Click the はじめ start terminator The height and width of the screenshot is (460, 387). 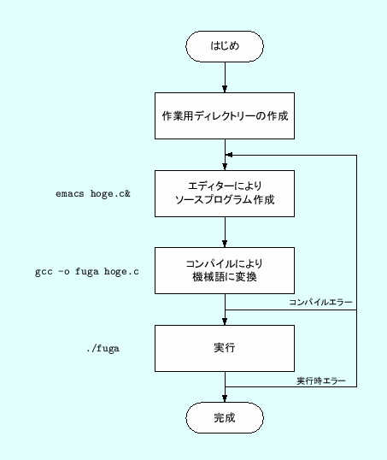[224, 47]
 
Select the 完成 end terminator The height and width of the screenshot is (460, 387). [224, 418]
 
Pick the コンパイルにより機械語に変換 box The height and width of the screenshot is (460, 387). [224, 269]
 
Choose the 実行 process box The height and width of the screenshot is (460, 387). [224, 348]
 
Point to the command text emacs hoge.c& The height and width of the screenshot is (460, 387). [92, 194]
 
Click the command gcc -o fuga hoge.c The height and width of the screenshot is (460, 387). [87, 272]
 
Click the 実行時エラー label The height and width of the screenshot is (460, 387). [321, 380]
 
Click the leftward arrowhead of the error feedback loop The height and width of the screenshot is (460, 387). [229, 156]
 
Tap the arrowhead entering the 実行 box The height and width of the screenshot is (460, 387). [224, 321]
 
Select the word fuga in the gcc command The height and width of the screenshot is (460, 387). [88, 272]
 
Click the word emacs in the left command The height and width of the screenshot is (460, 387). [70, 194]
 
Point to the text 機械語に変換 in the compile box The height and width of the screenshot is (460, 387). [224, 277]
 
